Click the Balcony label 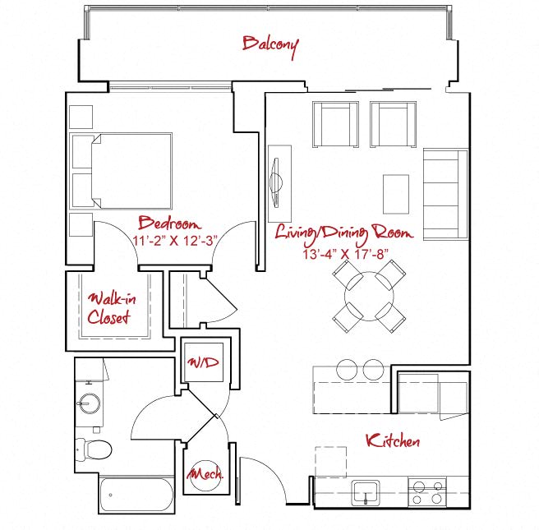(270, 46)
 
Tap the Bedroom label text (169, 224)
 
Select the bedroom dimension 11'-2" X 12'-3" (175, 241)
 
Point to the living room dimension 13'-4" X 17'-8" (345, 255)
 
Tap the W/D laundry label (203, 362)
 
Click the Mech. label (205, 474)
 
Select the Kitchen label (393, 440)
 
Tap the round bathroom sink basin (90, 403)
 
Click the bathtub (136, 494)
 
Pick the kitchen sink (366, 493)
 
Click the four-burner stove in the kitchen (427, 492)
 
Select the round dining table (369, 297)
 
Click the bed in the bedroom (121, 171)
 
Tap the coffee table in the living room (396, 194)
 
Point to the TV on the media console (276, 183)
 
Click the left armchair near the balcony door (335, 124)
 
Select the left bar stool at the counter (348, 370)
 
